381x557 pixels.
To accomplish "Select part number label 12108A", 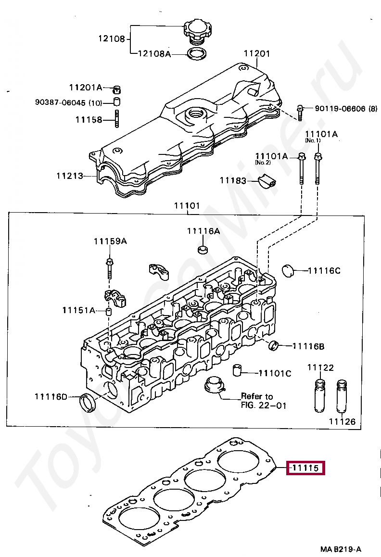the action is click(154, 54).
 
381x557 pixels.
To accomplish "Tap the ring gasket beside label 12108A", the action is click(197, 54).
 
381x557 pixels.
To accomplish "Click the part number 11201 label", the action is click(256, 54).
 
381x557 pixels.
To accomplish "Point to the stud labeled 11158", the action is click(116, 119).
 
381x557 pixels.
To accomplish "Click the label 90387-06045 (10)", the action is click(69, 102).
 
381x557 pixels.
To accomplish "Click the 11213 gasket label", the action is click(70, 176).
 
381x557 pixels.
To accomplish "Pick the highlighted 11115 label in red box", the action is click(306, 468).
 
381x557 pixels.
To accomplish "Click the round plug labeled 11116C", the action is click(288, 270).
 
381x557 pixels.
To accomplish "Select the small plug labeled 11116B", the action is click(273, 345).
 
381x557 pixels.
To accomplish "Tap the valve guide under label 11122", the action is click(320, 395).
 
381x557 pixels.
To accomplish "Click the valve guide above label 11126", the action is click(342, 396).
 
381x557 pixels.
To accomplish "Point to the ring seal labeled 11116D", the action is click(88, 403).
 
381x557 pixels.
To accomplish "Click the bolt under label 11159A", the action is click(110, 269).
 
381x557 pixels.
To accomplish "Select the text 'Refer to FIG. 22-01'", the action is click(263, 401).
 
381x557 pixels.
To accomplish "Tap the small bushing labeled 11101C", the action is click(238, 370).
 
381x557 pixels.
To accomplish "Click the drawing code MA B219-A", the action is click(341, 549).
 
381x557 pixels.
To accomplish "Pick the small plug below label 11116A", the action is click(203, 249).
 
